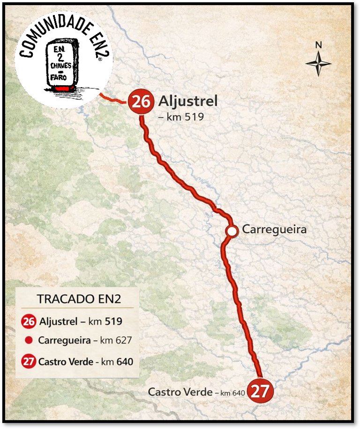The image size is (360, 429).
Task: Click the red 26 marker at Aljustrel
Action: tap(140, 101)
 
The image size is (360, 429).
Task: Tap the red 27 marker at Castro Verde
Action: tap(260, 391)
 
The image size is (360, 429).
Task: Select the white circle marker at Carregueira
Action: tap(231, 231)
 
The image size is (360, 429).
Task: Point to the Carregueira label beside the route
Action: tap(274, 229)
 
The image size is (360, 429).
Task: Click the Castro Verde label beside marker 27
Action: tap(180, 392)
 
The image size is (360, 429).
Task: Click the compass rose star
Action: tap(318, 64)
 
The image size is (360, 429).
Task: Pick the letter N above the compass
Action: tap(318, 45)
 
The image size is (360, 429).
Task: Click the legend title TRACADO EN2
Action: tap(79, 299)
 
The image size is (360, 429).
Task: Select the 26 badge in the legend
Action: tap(29, 322)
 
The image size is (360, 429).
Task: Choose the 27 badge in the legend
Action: tap(29, 362)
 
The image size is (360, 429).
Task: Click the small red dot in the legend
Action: tap(29, 340)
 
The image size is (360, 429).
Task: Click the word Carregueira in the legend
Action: tap(64, 340)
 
